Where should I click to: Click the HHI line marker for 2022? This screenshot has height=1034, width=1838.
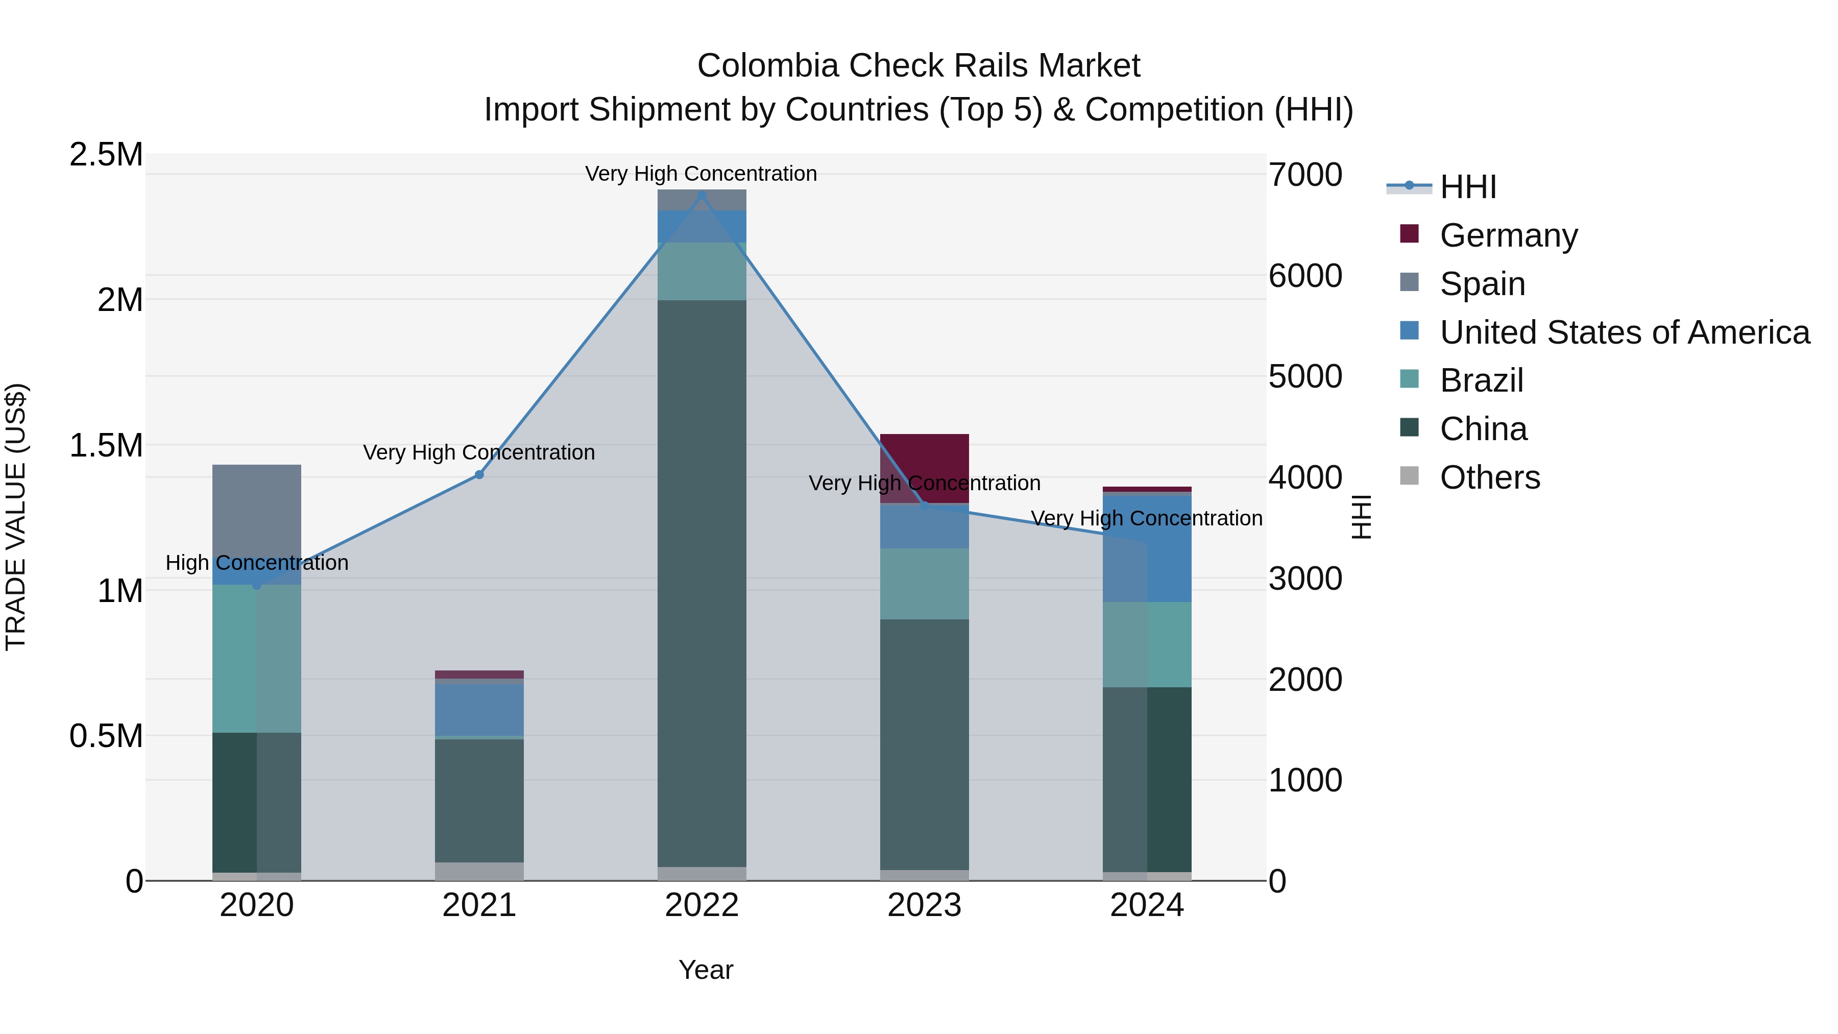click(702, 196)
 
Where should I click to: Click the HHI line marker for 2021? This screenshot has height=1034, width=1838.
click(479, 474)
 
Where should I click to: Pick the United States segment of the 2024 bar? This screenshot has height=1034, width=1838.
click(1147, 549)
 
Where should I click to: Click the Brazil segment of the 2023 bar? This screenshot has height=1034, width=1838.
click(924, 584)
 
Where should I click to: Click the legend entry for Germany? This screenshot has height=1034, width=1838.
click(1508, 235)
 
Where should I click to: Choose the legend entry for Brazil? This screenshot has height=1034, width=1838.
click(1481, 380)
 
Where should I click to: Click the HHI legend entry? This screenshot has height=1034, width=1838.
click(1467, 187)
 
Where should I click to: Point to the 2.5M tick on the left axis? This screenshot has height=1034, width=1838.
click(106, 154)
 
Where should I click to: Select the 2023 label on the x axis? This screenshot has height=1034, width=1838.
click(924, 905)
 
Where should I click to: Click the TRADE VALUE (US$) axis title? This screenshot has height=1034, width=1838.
click(16, 517)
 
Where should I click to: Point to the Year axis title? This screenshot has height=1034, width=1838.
click(705, 970)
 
